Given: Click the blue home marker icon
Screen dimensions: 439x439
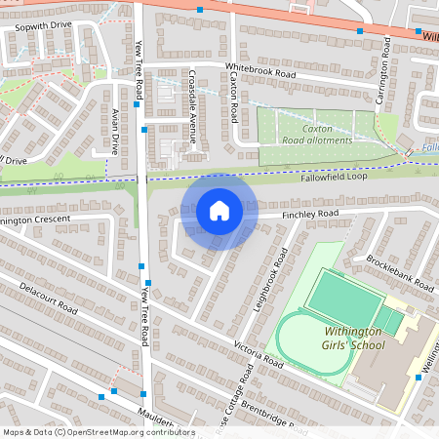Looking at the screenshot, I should pos(219,211).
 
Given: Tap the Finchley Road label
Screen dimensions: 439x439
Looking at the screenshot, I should pos(309,214).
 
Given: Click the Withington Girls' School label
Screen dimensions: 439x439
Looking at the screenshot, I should pos(354,338).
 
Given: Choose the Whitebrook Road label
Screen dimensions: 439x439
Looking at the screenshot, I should pos(259,72).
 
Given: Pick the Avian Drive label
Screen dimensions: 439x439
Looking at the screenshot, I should pos(114,132).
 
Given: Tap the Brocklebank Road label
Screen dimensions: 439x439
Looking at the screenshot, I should pos(399,273).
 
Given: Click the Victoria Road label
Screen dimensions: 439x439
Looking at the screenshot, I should pos(258,354).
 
